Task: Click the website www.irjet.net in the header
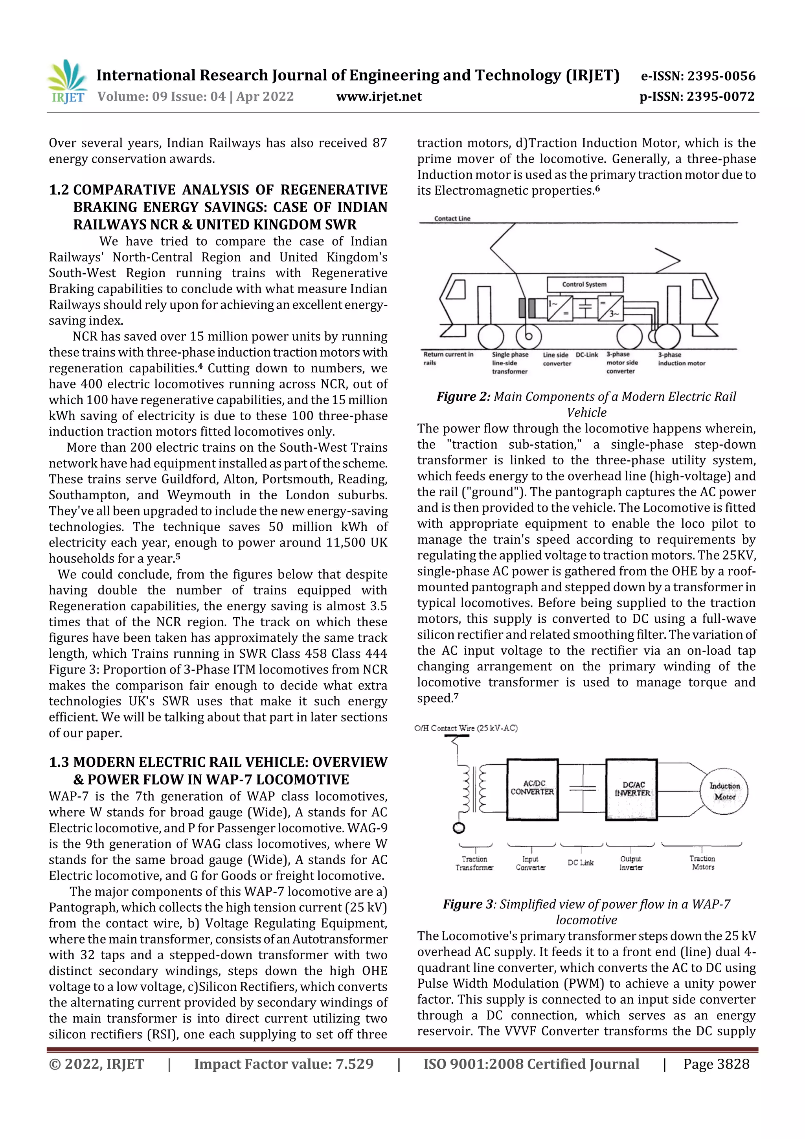tap(379, 96)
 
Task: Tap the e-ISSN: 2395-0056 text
tap(698, 76)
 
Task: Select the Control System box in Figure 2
tap(584, 284)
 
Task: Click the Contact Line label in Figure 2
tap(452, 218)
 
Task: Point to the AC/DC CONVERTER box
tap(532, 788)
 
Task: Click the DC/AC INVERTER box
tap(631, 789)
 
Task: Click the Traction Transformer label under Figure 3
tap(474, 863)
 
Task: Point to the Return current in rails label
tap(448, 358)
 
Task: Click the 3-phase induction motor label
tap(681, 359)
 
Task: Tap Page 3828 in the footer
tap(716, 1064)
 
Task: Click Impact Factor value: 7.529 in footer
tap(283, 1064)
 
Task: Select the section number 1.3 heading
tap(59, 762)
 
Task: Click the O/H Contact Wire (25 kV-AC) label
tap(466, 728)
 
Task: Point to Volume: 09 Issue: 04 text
tap(195, 96)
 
